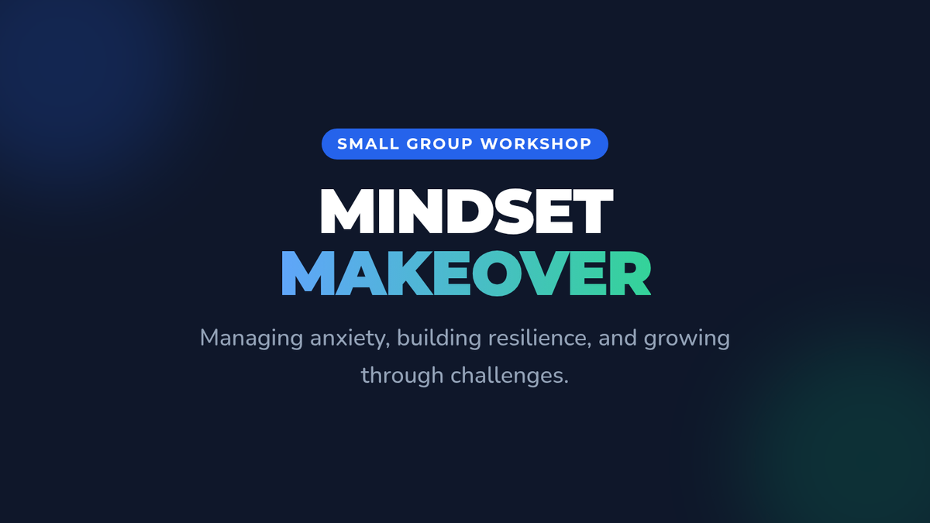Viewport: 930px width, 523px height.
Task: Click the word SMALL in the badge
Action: point(368,144)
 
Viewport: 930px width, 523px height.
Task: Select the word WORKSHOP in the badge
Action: point(536,144)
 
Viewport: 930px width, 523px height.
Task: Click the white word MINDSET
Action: point(467,212)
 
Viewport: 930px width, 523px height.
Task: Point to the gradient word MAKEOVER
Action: point(467,274)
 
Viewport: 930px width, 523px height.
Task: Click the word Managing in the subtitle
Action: point(252,339)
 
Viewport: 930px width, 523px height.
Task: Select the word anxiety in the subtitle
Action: point(350,339)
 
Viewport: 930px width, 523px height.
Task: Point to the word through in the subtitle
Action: point(402,375)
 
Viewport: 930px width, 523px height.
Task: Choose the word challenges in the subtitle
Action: point(509,375)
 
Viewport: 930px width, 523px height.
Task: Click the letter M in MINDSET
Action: point(346,212)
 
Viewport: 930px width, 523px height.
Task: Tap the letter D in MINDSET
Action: point(468,212)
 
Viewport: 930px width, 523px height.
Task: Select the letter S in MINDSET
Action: point(514,212)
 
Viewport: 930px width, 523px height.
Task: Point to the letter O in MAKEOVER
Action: point(496,274)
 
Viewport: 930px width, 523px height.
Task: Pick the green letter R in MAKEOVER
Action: point(631,274)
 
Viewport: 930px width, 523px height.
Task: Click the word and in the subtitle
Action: point(618,338)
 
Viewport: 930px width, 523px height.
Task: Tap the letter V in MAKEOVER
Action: point(545,274)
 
